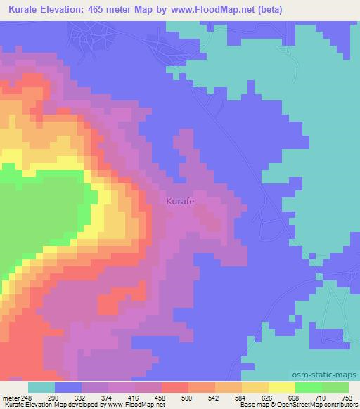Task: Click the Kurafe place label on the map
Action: point(181,202)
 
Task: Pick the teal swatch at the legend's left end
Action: point(41,388)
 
